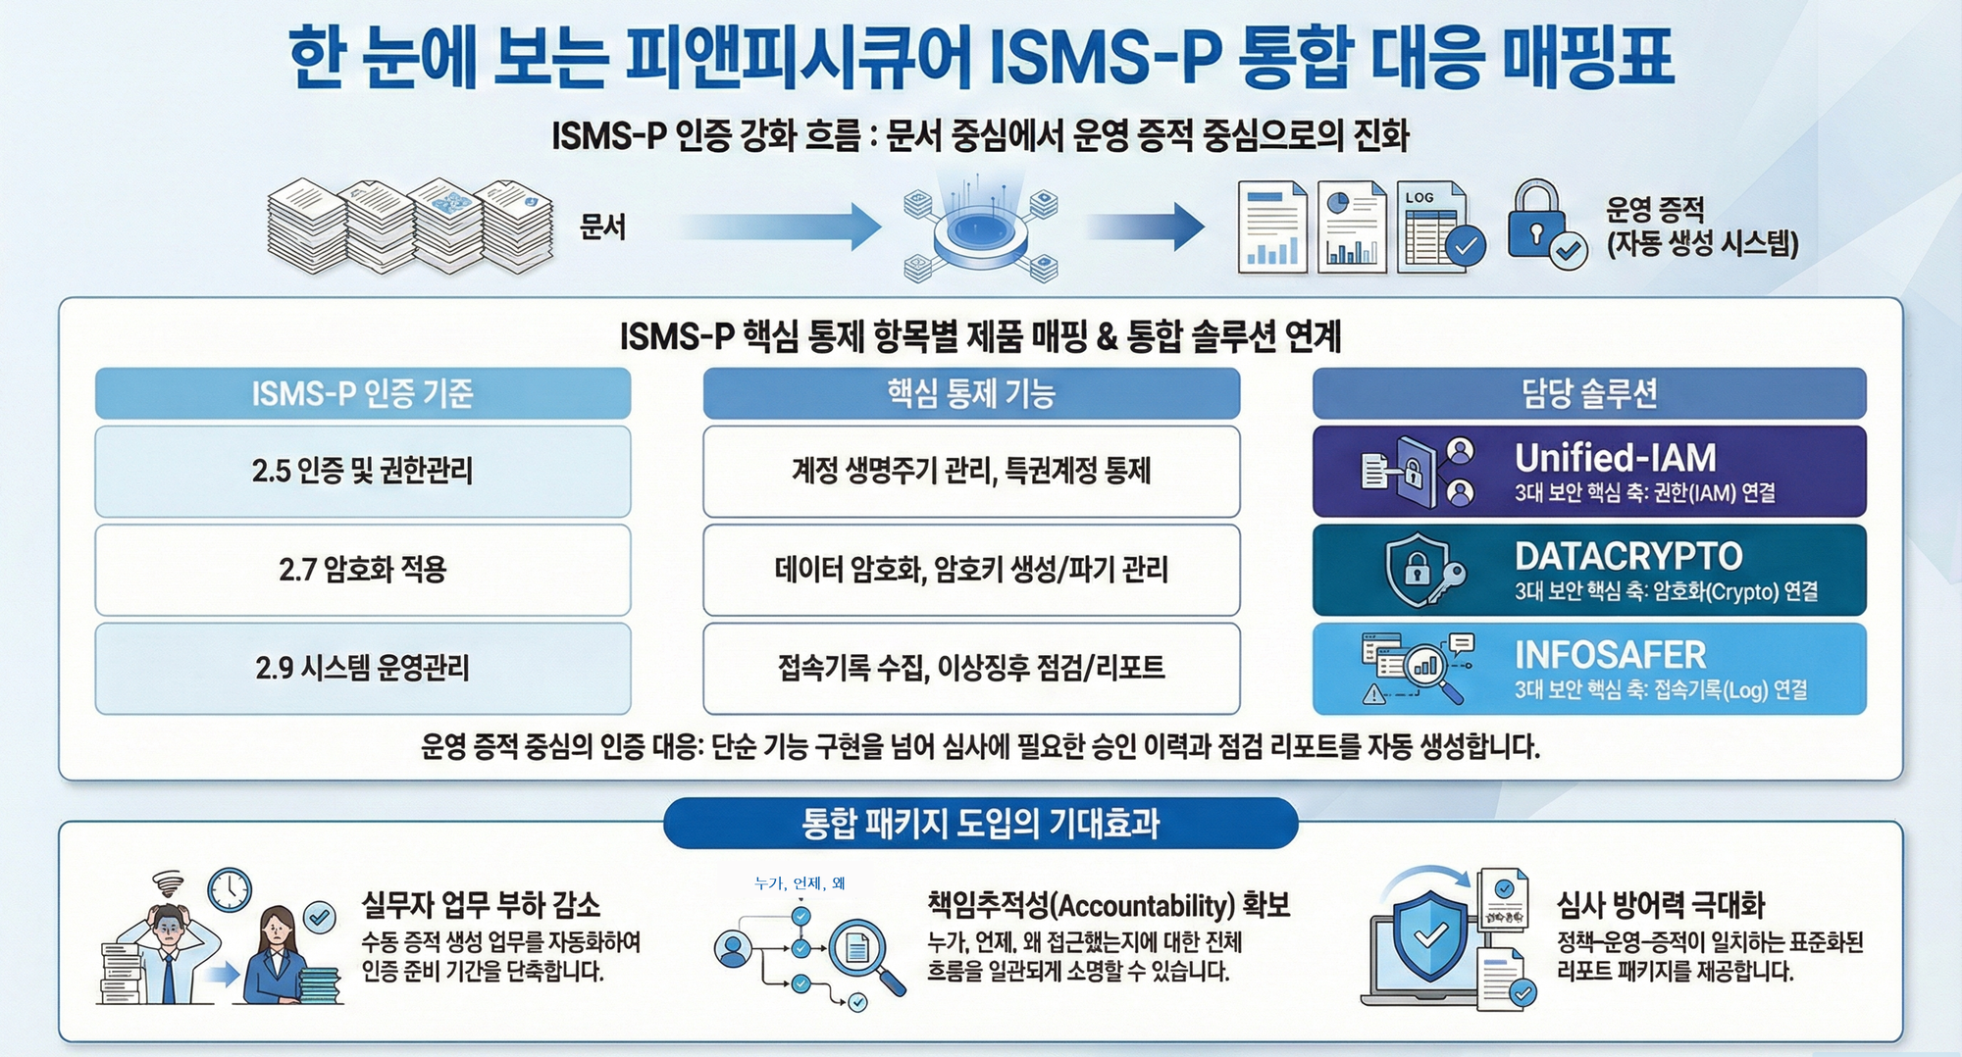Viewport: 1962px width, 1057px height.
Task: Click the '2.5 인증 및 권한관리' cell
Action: click(362, 471)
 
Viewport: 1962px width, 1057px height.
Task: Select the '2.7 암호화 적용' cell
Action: click(362, 570)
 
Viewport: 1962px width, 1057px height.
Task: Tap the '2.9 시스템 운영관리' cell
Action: click(362, 668)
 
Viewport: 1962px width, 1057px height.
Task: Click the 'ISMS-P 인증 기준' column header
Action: click(362, 393)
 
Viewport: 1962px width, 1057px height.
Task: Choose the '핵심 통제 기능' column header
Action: click(971, 393)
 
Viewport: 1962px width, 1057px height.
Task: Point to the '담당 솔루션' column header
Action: click(1589, 393)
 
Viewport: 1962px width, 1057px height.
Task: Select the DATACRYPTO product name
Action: click(1628, 557)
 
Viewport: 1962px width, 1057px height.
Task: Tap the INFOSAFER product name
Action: click(1610, 655)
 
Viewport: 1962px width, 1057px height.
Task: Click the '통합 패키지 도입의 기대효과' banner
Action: click(980, 823)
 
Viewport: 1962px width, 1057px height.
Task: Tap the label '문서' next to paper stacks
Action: click(602, 227)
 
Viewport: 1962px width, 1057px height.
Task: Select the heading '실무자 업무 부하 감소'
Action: click(481, 904)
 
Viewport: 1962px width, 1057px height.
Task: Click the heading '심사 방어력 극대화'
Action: click(1661, 904)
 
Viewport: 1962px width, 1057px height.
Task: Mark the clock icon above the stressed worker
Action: click(230, 890)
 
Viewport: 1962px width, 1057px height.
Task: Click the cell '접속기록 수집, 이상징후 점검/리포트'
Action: click(971, 668)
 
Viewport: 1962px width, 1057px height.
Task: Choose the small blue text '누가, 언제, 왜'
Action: click(800, 883)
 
